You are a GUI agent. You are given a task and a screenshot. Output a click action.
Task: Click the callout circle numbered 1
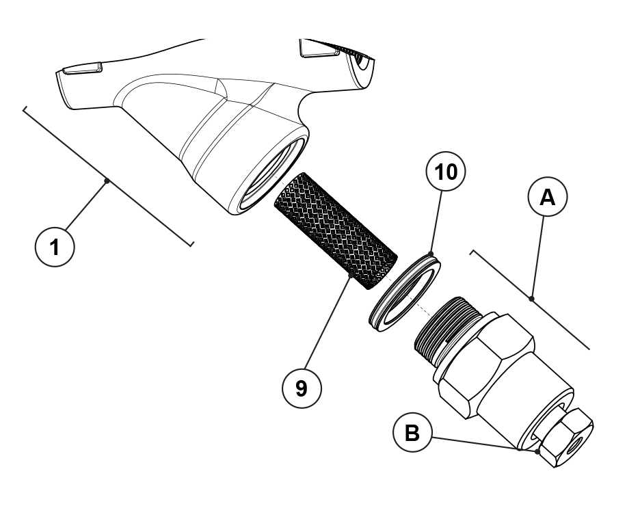point(55,248)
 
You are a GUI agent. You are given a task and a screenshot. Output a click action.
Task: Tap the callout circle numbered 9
point(302,388)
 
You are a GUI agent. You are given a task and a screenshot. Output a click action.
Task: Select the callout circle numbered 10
point(446,172)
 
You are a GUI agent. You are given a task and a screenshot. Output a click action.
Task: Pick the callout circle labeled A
point(548,197)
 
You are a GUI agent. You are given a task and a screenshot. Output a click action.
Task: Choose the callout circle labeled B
point(413,433)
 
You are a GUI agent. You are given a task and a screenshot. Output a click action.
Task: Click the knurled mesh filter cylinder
point(335,230)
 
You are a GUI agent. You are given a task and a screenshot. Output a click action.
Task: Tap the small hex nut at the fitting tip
point(567,438)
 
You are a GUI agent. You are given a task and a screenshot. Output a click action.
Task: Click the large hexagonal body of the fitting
point(485,364)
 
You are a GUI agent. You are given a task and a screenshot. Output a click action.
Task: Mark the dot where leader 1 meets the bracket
point(107,181)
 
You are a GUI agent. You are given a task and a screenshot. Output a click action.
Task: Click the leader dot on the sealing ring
point(431,254)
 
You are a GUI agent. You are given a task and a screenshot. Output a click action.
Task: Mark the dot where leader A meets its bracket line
point(531,299)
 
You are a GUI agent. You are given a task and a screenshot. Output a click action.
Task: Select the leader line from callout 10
point(436,223)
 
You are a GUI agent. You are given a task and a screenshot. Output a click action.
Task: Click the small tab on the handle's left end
point(82,68)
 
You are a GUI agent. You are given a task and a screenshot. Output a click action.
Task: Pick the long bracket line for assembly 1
point(108,176)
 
